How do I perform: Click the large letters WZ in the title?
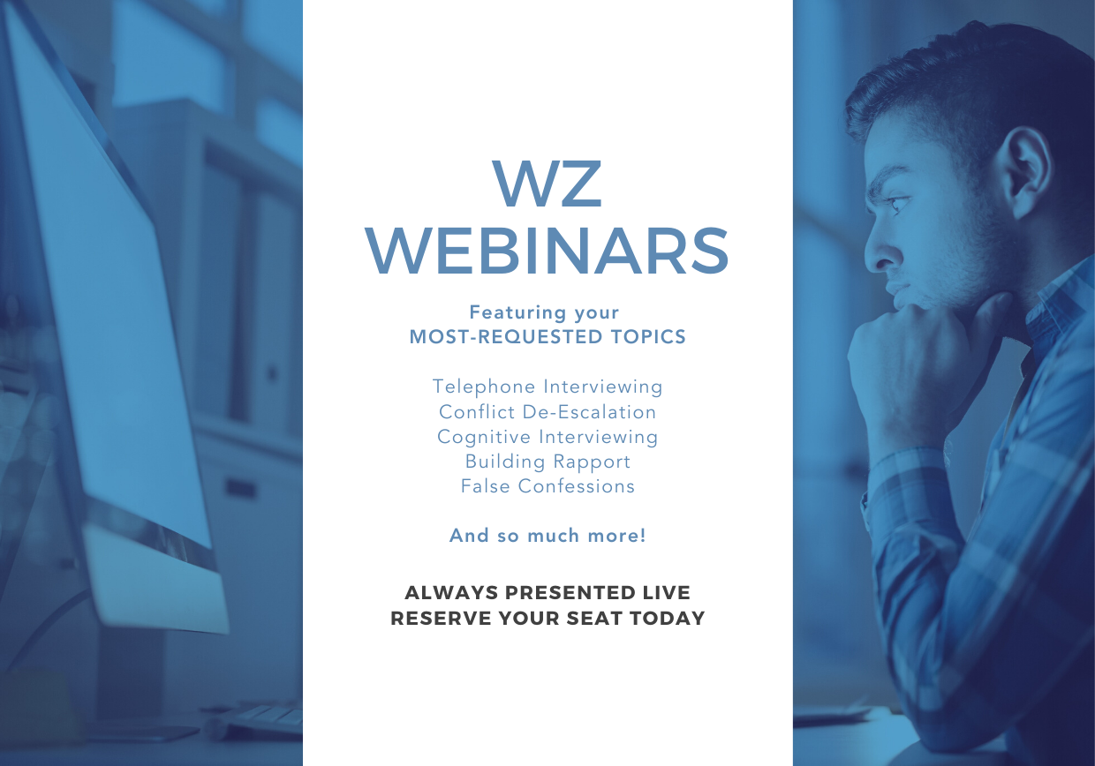pyautogui.click(x=547, y=184)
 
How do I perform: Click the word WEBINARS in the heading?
pyautogui.click(x=547, y=251)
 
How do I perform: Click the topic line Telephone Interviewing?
pyautogui.click(x=547, y=387)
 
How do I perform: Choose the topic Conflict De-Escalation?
pyautogui.click(x=547, y=412)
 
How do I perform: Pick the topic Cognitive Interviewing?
pyautogui.click(x=547, y=437)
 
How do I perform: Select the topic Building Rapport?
pyautogui.click(x=547, y=462)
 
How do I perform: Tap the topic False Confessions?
pyautogui.click(x=547, y=486)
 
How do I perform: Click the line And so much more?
pyautogui.click(x=547, y=536)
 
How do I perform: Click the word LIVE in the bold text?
pyautogui.click(x=666, y=592)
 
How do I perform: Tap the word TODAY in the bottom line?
pyautogui.click(x=667, y=618)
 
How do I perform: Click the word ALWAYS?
pyautogui.click(x=451, y=592)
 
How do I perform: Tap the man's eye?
pyautogui.click(x=898, y=202)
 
